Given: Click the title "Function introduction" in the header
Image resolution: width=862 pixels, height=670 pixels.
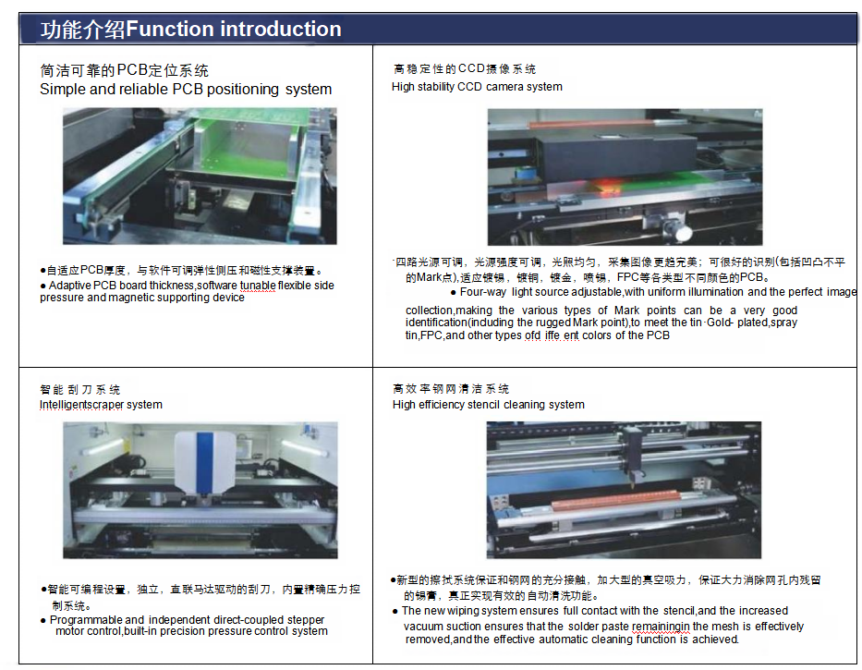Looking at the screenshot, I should tap(233, 30).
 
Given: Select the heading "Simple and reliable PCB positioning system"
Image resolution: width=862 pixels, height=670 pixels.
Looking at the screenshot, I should tap(185, 90).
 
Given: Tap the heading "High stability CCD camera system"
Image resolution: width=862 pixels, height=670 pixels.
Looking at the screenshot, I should tap(477, 87).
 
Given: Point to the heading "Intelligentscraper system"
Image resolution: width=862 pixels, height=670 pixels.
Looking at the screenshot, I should tap(101, 405).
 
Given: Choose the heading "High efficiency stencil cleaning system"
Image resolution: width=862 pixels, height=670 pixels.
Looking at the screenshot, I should tap(488, 405).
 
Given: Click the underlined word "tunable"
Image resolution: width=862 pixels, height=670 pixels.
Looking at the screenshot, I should tap(258, 286).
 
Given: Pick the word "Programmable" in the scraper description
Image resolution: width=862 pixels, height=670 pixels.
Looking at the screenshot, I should tap(86, 620).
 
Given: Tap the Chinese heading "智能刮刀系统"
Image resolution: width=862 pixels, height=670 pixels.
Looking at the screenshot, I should tap(79, 390).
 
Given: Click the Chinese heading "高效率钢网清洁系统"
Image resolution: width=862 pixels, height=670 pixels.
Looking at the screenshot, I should tap(450, 389).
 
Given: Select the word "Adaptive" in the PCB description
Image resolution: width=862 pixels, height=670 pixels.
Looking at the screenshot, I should tap(70, 286).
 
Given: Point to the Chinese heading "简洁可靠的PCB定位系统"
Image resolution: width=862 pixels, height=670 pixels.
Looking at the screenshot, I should tap(124, 71).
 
